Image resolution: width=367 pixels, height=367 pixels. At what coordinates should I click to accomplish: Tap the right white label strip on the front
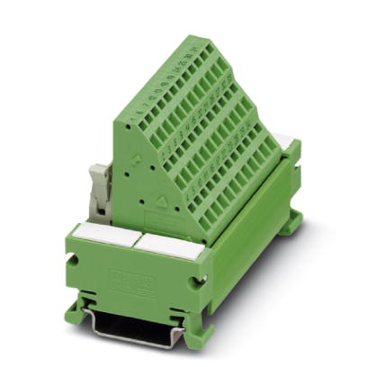[170, 246]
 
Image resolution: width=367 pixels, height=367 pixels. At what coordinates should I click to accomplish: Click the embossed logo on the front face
[131, 278]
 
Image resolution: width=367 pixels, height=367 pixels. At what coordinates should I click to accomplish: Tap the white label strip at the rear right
[286, 141]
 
